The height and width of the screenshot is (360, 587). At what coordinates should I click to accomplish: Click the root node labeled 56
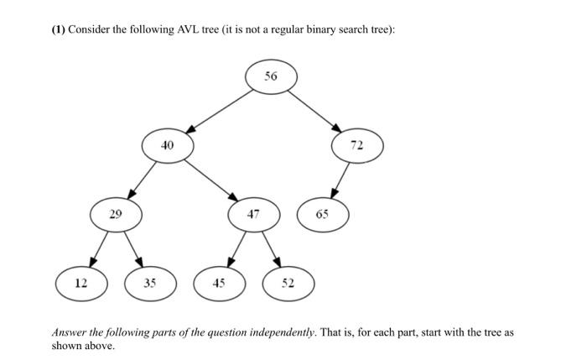click(x=271, y=76)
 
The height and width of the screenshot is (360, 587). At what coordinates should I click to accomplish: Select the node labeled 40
click(x=168, y=145)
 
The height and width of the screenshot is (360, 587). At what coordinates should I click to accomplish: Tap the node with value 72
click(x=357, y=146)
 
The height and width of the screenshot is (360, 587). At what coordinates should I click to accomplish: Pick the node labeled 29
click(x=116, y=214)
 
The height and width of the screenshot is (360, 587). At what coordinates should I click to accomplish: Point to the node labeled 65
click(x=323, y=215)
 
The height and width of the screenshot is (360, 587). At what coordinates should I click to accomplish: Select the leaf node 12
click(x=81, y=284)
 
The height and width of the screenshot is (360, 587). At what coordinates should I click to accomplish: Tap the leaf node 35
click(x=150, y=284)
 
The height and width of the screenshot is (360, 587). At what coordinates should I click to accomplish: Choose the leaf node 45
click(x=219, y=284)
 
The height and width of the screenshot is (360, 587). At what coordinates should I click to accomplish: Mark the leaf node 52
click(x=288, y=284)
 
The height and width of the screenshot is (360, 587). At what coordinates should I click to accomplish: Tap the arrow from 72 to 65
click(x=341, y=180)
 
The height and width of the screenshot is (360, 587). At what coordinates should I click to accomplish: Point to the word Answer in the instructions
click(x=70, y=332)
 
